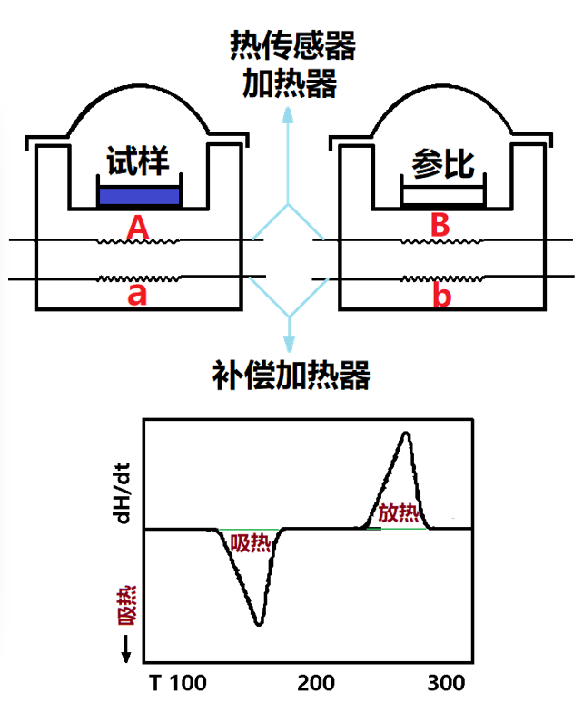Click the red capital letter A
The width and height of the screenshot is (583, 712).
pos(137,226)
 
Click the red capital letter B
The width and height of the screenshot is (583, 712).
pos(440,226)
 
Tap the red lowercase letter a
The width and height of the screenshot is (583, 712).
pos(137,296)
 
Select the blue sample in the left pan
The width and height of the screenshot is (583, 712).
pos(140,195)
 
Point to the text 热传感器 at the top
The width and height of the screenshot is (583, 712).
pos(291,44)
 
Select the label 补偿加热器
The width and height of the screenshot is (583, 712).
pos(291,375)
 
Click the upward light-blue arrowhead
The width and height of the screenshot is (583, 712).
pos(290,114)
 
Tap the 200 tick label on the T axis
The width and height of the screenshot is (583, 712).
pos(315,682)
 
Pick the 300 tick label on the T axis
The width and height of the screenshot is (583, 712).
pos(446,682)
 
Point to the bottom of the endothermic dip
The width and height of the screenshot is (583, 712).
pos(259,623)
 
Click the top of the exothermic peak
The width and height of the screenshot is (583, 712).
pos(405,434)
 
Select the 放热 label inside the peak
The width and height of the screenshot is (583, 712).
pos(399,512)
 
